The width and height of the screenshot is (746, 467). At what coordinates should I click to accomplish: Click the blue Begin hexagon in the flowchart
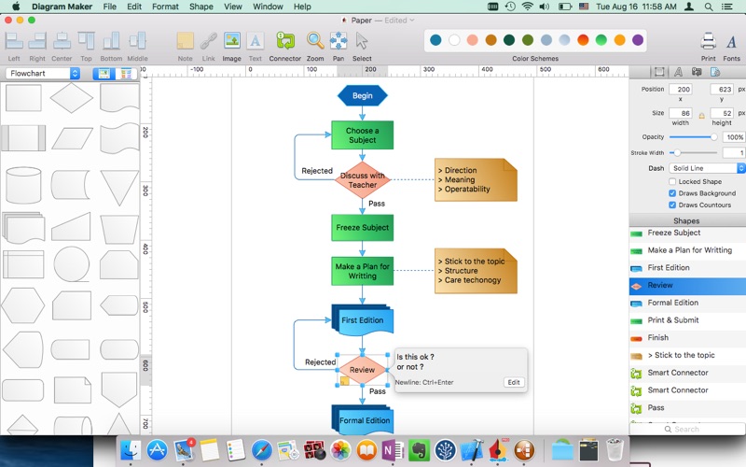tap(362, 95)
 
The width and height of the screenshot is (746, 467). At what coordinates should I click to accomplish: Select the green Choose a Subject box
tap(362, 135)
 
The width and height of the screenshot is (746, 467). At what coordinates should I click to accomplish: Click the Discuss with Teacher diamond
tap(362, 179)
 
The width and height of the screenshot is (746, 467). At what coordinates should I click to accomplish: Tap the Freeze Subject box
tap(362, 228)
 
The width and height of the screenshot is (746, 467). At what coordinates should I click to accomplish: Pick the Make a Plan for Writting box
tap(362, 271)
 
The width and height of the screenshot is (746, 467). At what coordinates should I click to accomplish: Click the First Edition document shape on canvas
tap(362, 320)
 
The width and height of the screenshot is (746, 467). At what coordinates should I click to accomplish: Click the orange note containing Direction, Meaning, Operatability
tap(475, 179)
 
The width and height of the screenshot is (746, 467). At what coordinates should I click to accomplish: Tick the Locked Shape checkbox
tap(672, 181)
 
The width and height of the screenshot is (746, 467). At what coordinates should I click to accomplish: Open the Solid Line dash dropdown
tap(708, 168)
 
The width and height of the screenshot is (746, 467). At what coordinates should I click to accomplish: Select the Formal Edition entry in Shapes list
tap(672, 303)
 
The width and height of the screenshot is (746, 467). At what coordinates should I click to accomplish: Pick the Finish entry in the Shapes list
tap(658, 338)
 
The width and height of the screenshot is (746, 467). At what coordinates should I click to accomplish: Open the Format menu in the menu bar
tap(165, 7)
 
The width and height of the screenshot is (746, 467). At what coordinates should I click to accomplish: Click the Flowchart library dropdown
tap(44, 73)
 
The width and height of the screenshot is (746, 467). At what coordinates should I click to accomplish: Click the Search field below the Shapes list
tap(691, 429)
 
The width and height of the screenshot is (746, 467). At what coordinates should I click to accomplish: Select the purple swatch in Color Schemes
tap(638, 40)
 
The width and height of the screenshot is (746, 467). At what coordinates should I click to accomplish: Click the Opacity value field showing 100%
tap(733, 137)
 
